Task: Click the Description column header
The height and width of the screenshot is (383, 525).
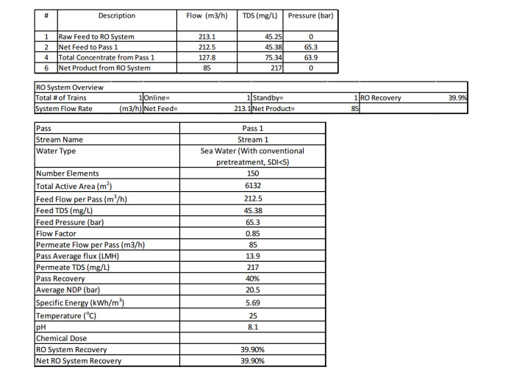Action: pos(117,15)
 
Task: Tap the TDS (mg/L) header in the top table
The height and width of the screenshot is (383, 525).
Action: pos(260,15)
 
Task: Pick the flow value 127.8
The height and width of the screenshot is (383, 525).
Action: pos(207,57)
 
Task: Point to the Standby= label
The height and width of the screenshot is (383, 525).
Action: pos(268,98)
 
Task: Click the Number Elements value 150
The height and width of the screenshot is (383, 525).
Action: pos(253,173)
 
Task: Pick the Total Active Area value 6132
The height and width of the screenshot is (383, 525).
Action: pos(253,186)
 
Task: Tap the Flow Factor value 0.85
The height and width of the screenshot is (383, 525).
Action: pos(253,233)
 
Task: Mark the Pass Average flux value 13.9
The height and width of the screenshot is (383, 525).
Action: pos(253,256)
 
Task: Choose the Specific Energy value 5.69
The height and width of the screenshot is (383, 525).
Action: pos(253,302)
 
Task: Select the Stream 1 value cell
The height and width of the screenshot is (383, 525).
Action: pos(253,139)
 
